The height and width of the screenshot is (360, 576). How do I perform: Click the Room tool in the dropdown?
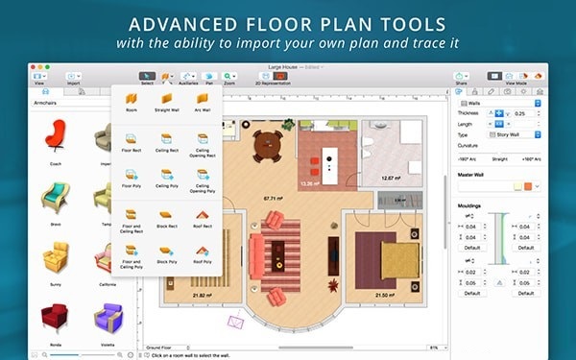(131, 100)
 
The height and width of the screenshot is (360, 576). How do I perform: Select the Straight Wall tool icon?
(166, 100)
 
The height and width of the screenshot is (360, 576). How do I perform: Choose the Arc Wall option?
(203, 100)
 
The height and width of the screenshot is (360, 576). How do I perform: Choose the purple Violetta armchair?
(106, 317)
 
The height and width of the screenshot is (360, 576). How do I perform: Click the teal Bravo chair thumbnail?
(55, 197)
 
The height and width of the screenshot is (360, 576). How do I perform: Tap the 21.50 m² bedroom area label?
(385, 294)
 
